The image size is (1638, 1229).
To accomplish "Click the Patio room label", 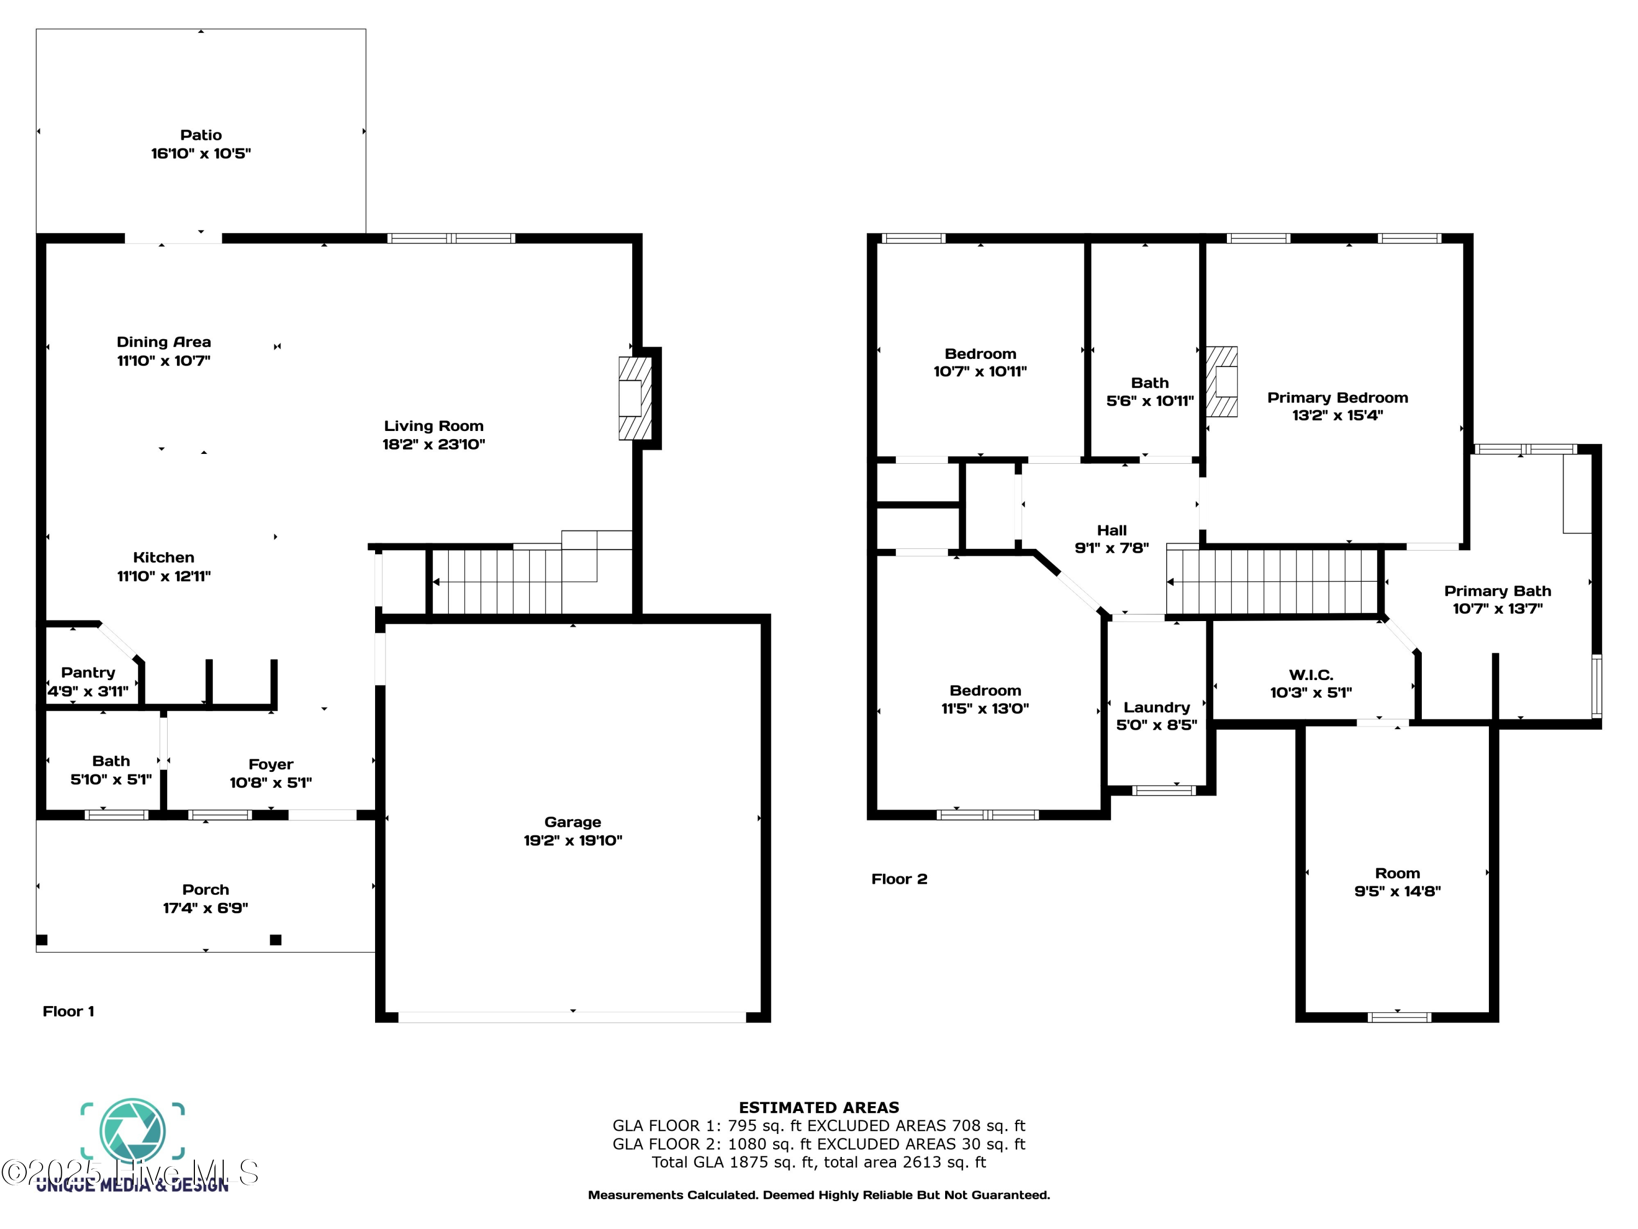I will [x=201, y=135].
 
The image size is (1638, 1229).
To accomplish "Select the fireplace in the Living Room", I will [x=634, y=399].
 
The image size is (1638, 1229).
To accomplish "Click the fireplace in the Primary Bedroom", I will [x=1222, y=382].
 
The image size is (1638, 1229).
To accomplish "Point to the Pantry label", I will [x=88, y=672].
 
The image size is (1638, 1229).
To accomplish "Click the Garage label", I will [x=572, y=822].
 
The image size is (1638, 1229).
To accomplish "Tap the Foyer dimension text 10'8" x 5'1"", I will [x=270, y=783].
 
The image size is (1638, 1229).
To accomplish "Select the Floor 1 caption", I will [x=68, y=1012].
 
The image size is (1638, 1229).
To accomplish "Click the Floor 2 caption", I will [x=899, y=879].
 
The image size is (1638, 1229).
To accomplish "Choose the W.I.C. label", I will [x=1311, y=675].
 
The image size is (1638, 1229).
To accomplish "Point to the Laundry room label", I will [x=1156, y=707].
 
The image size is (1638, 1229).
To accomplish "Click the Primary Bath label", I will [x=1497, y=591].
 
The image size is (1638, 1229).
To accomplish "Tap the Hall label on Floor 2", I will [x=1112, y=530].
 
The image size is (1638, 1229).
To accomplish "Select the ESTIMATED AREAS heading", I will [x=818, y=1108].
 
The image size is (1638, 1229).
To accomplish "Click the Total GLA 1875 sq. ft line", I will [x=818, y=1162].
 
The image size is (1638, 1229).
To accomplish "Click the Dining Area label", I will [x=164, y=342].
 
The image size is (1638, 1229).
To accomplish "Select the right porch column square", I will [x=276, y=940].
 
